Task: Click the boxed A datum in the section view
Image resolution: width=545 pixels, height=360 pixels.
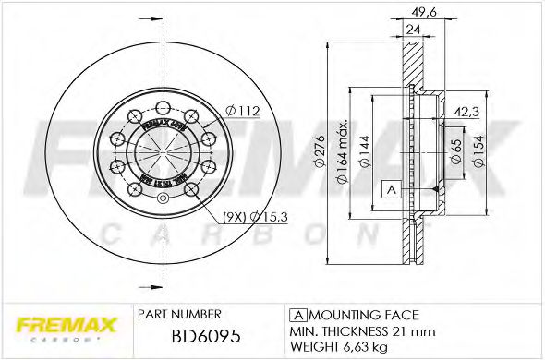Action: coord(390,189)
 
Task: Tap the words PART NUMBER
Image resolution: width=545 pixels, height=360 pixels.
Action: coord(178,314)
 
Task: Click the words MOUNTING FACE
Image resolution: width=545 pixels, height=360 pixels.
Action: coord(363,314)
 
